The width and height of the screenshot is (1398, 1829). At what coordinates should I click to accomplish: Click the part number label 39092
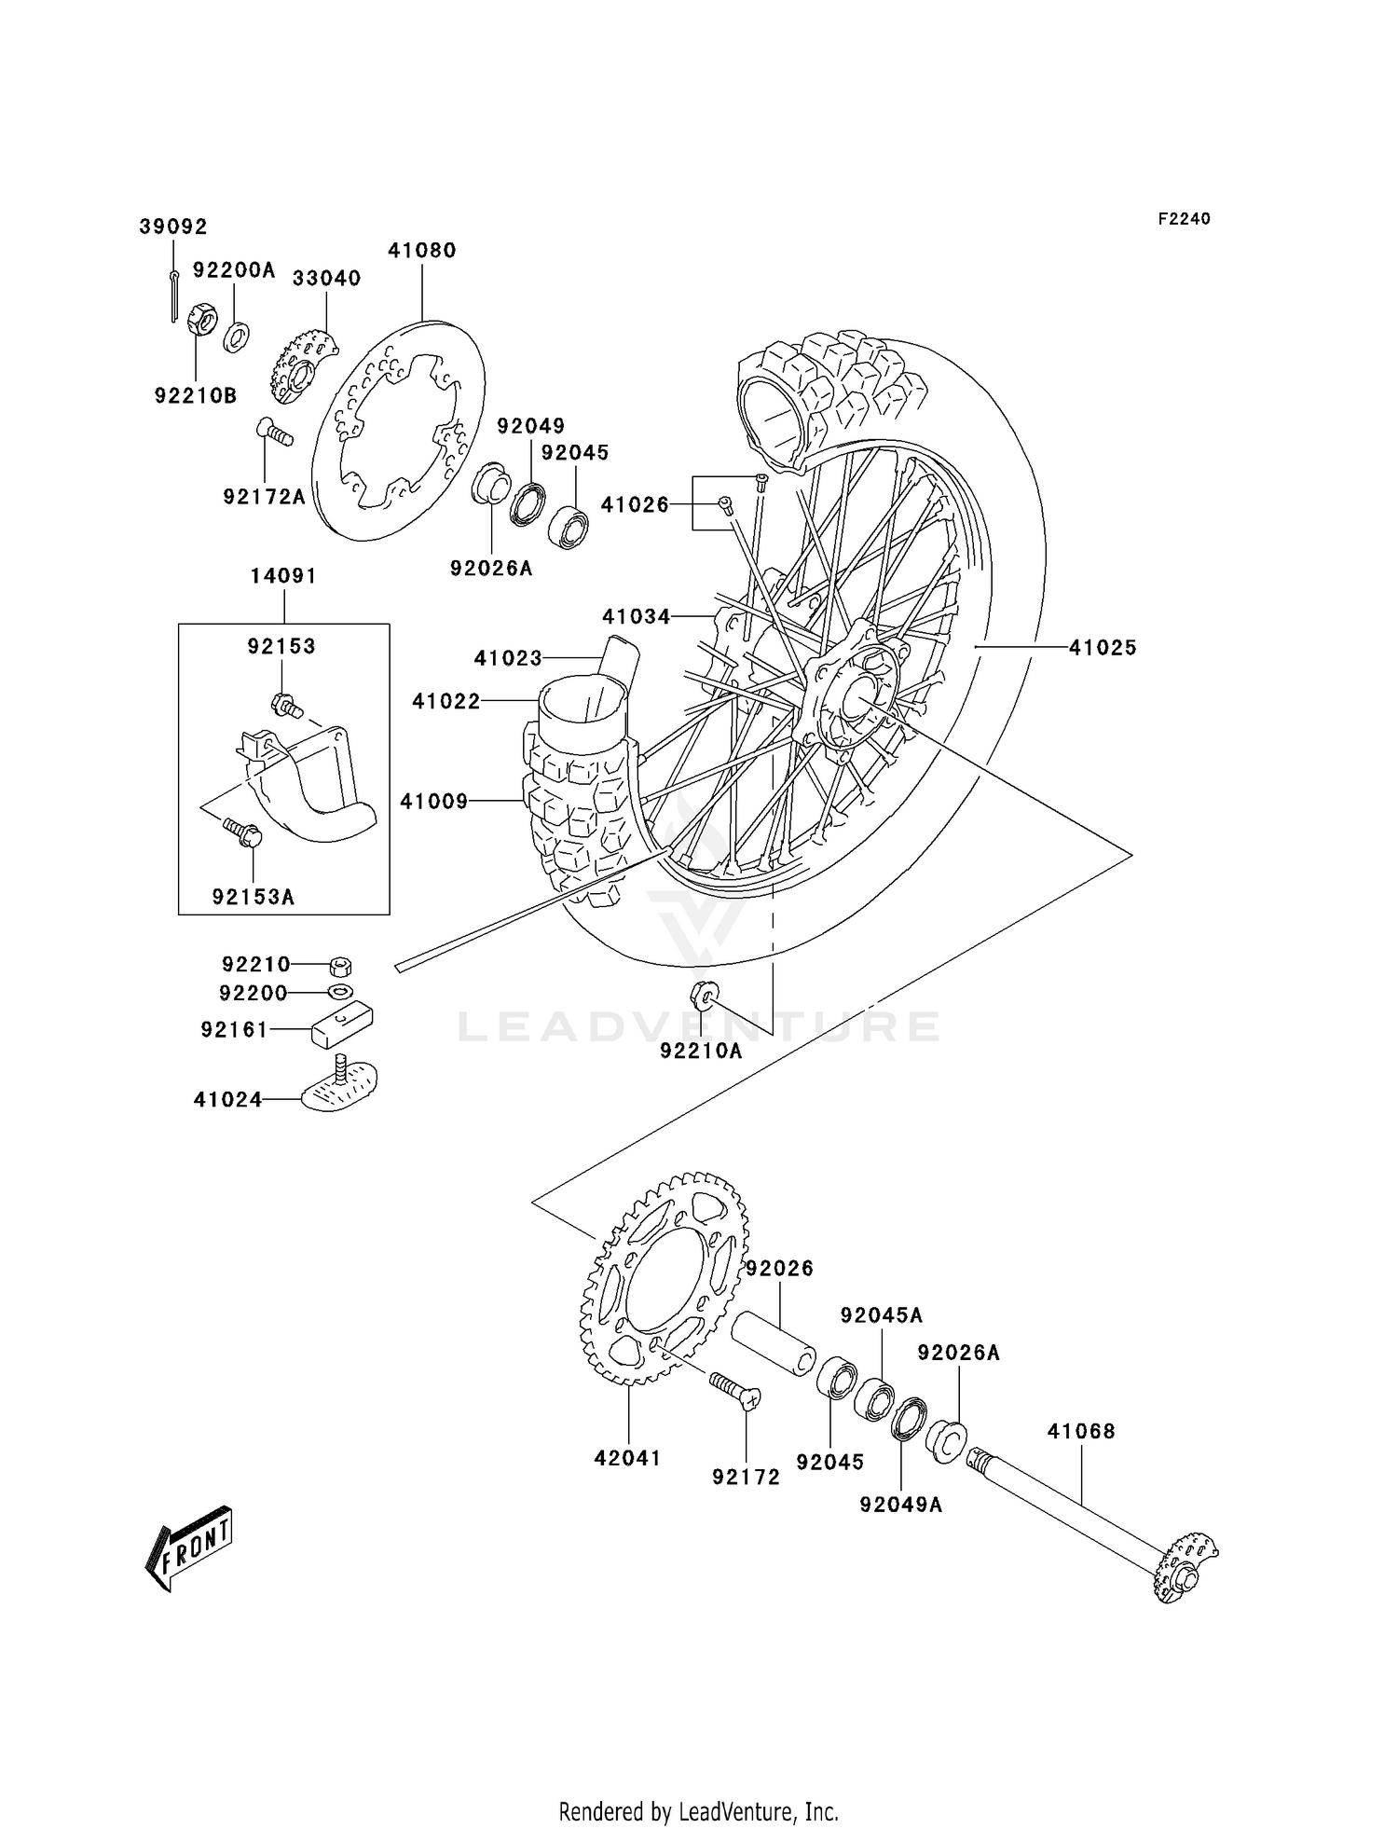pos(173,227)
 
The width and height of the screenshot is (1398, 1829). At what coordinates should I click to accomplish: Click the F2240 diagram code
pos(1184,218)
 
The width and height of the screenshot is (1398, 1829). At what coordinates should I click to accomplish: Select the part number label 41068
pos(1080,1430)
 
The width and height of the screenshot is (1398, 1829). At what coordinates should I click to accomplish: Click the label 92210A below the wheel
pos(701,1051)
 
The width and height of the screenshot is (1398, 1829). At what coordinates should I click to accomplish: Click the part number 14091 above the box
pos(283,576)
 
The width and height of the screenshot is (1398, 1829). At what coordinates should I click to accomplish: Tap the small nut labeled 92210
pos(340,965)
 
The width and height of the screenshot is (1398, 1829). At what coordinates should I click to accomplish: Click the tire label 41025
pos(1103,647)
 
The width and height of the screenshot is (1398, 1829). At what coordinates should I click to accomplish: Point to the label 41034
pos(636,616)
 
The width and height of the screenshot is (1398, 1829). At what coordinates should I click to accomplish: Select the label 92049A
pos(900,1504)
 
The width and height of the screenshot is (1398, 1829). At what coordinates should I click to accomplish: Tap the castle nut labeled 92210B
pos(202,321)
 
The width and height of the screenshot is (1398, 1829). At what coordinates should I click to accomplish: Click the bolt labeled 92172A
pos(273,433)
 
